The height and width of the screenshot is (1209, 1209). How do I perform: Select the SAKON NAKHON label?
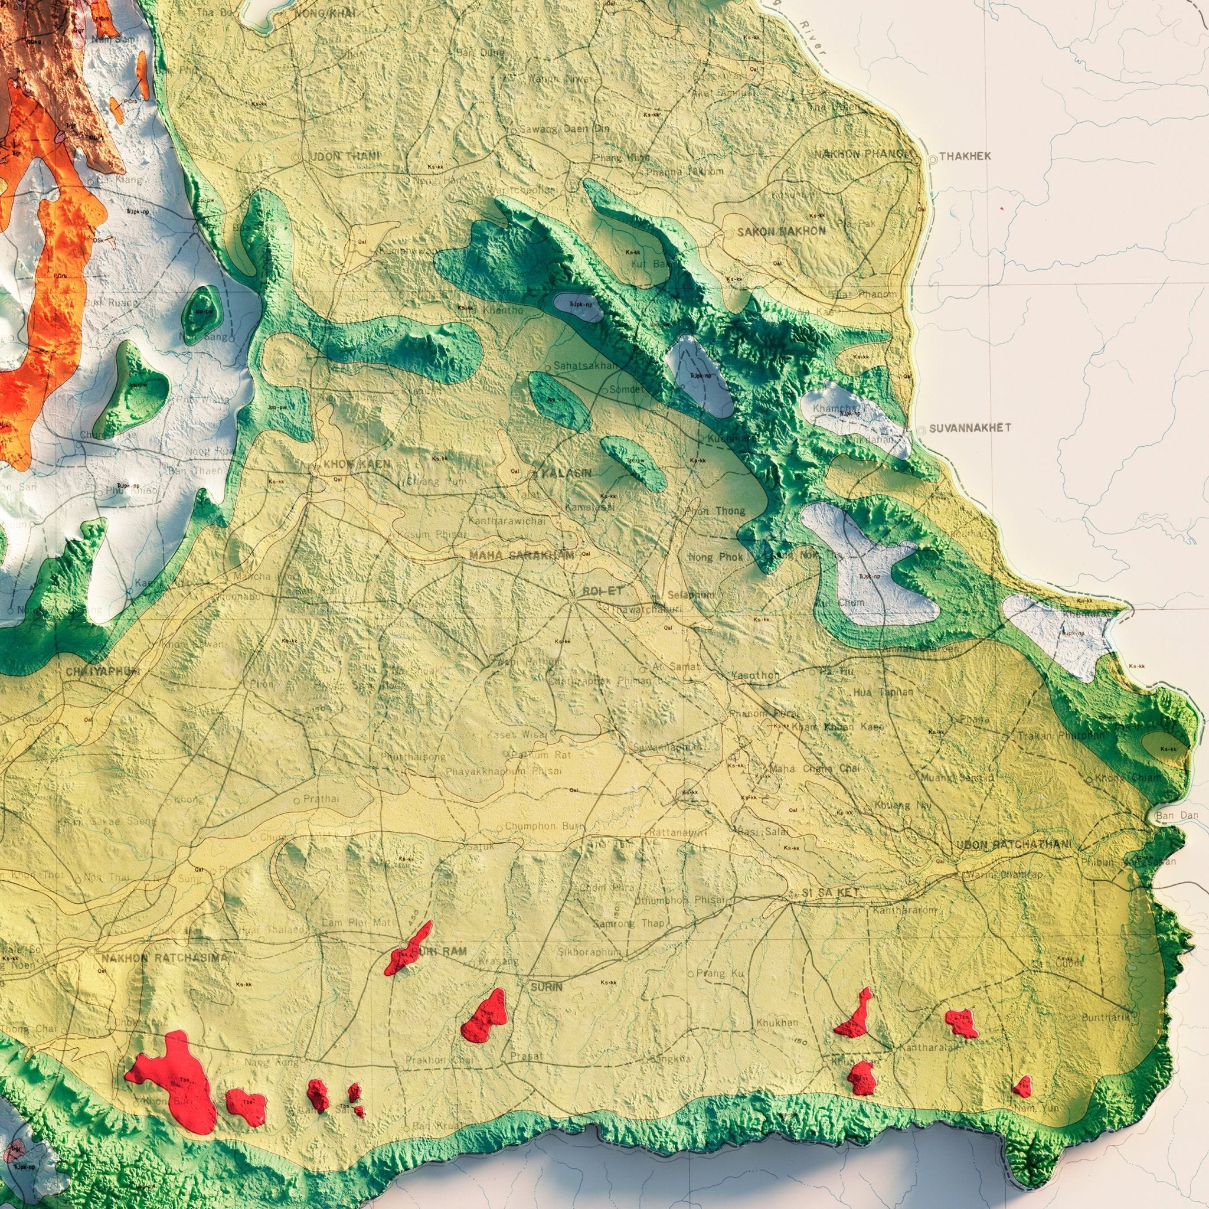[781, 231]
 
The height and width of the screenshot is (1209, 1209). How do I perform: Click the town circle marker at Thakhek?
[933, 159]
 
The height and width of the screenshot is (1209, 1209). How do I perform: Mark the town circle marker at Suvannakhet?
[923, 430]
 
